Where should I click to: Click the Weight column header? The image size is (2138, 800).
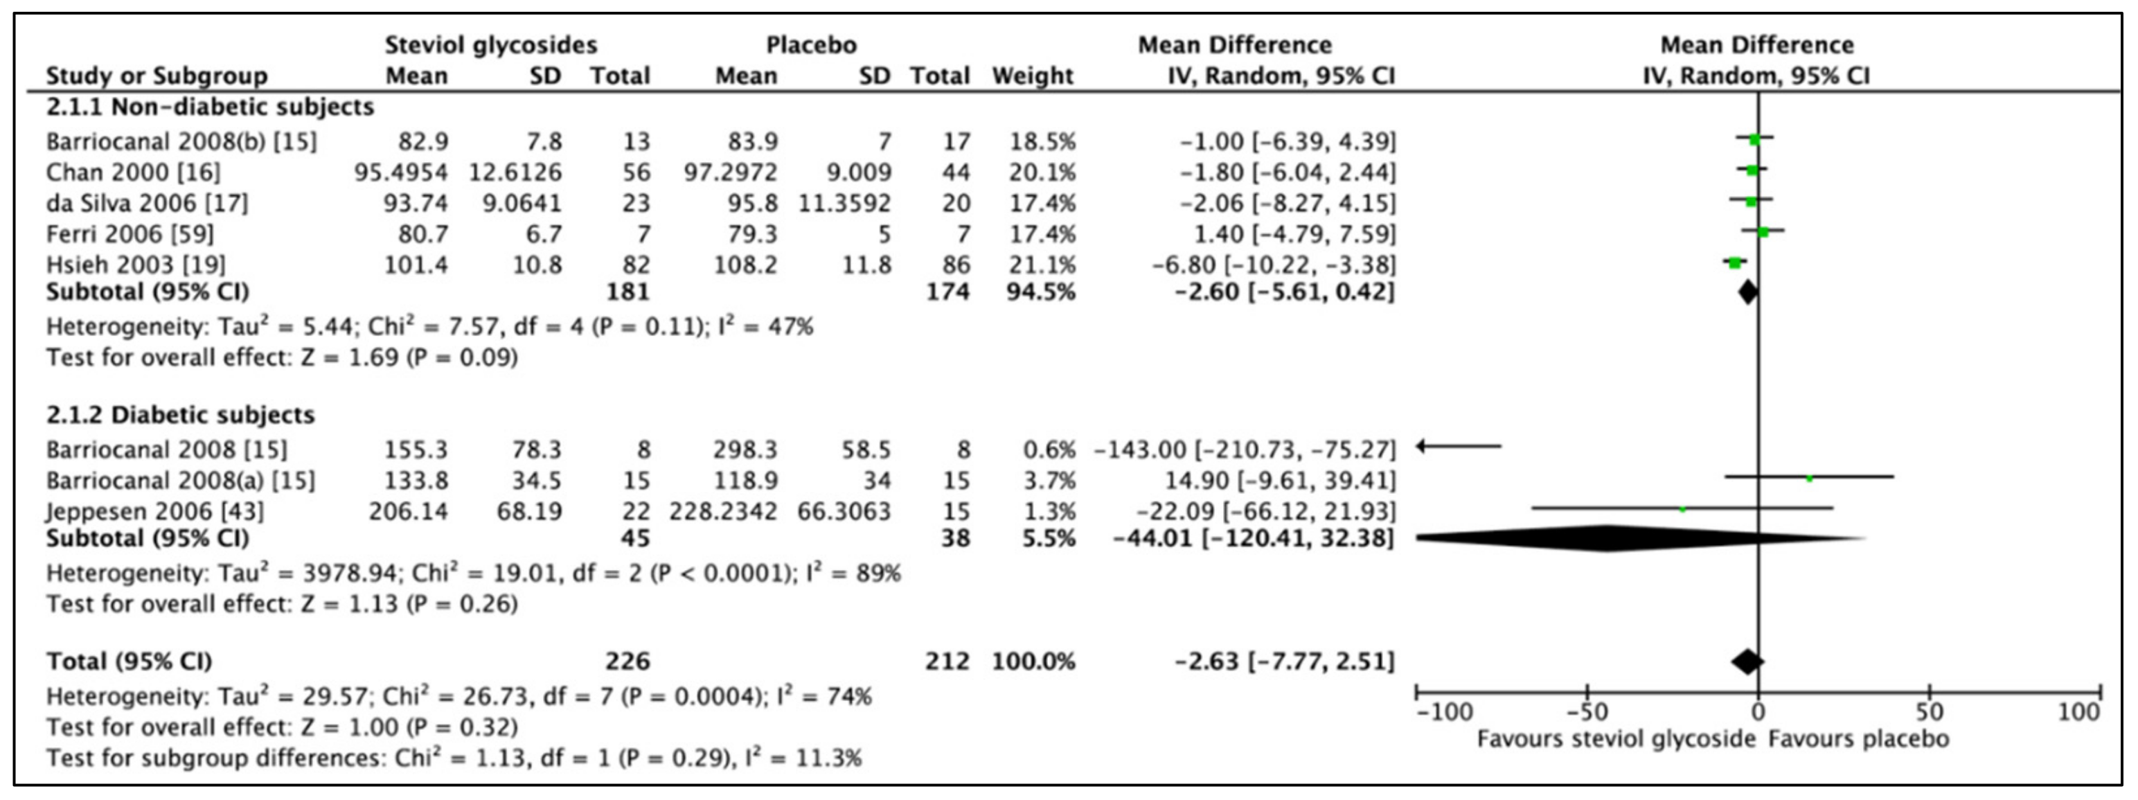click(x=1033, y=75)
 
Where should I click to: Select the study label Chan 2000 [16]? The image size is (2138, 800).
click(x=133, y=172)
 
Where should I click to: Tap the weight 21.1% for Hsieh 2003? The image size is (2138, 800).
click(x=1042, y=265)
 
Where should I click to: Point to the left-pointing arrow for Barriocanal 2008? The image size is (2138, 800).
click(x=1459, y=447)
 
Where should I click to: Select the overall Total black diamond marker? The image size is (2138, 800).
click(x=1747, y=661)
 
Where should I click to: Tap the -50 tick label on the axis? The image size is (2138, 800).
click(x=1586, y=713)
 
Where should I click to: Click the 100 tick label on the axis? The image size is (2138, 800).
click(x=2078, y=712)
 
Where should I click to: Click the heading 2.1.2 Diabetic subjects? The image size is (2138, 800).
click(x=180, y=415)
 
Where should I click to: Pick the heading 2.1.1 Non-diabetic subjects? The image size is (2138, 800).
click(x=209, y=107)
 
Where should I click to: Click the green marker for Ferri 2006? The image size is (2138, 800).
click(x=1763, y=232)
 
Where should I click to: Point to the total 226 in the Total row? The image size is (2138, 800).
click(x=627, y=661)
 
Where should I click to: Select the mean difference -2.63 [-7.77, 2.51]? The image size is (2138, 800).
click(x=1284, y=661)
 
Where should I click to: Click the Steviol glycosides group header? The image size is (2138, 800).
click(x=490, y=45)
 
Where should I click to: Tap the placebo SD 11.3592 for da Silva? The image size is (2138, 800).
click(x=844, y=204)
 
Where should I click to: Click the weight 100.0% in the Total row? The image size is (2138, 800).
click(x=1033, y=661)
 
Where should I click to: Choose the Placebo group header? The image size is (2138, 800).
click(x=811, y=45)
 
